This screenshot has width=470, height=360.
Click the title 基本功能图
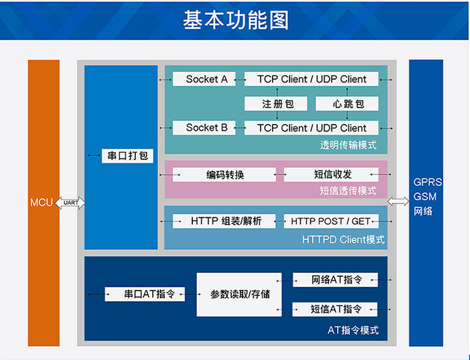[236, 20]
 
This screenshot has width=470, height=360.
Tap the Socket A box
[202, 80]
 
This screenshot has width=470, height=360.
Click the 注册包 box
[277, 104]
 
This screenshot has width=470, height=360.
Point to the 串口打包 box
[128, 155]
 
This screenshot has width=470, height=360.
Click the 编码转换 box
[224, 175]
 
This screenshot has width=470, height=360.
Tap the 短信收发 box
[332, 175]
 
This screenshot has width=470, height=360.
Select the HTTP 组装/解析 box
[224, 221]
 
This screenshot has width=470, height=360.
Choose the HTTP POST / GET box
[331, 221]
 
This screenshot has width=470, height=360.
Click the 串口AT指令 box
[145, 294]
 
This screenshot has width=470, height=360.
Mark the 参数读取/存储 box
[239, 294]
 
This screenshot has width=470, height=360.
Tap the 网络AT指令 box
[335, 280]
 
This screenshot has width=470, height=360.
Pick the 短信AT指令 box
[335, 309]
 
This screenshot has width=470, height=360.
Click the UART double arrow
[70, 203]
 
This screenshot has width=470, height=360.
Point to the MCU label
[42, 203]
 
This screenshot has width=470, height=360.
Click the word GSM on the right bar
[425, 197]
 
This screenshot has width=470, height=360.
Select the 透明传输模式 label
[348, 145]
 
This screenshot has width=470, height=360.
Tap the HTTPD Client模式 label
[343, 240]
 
